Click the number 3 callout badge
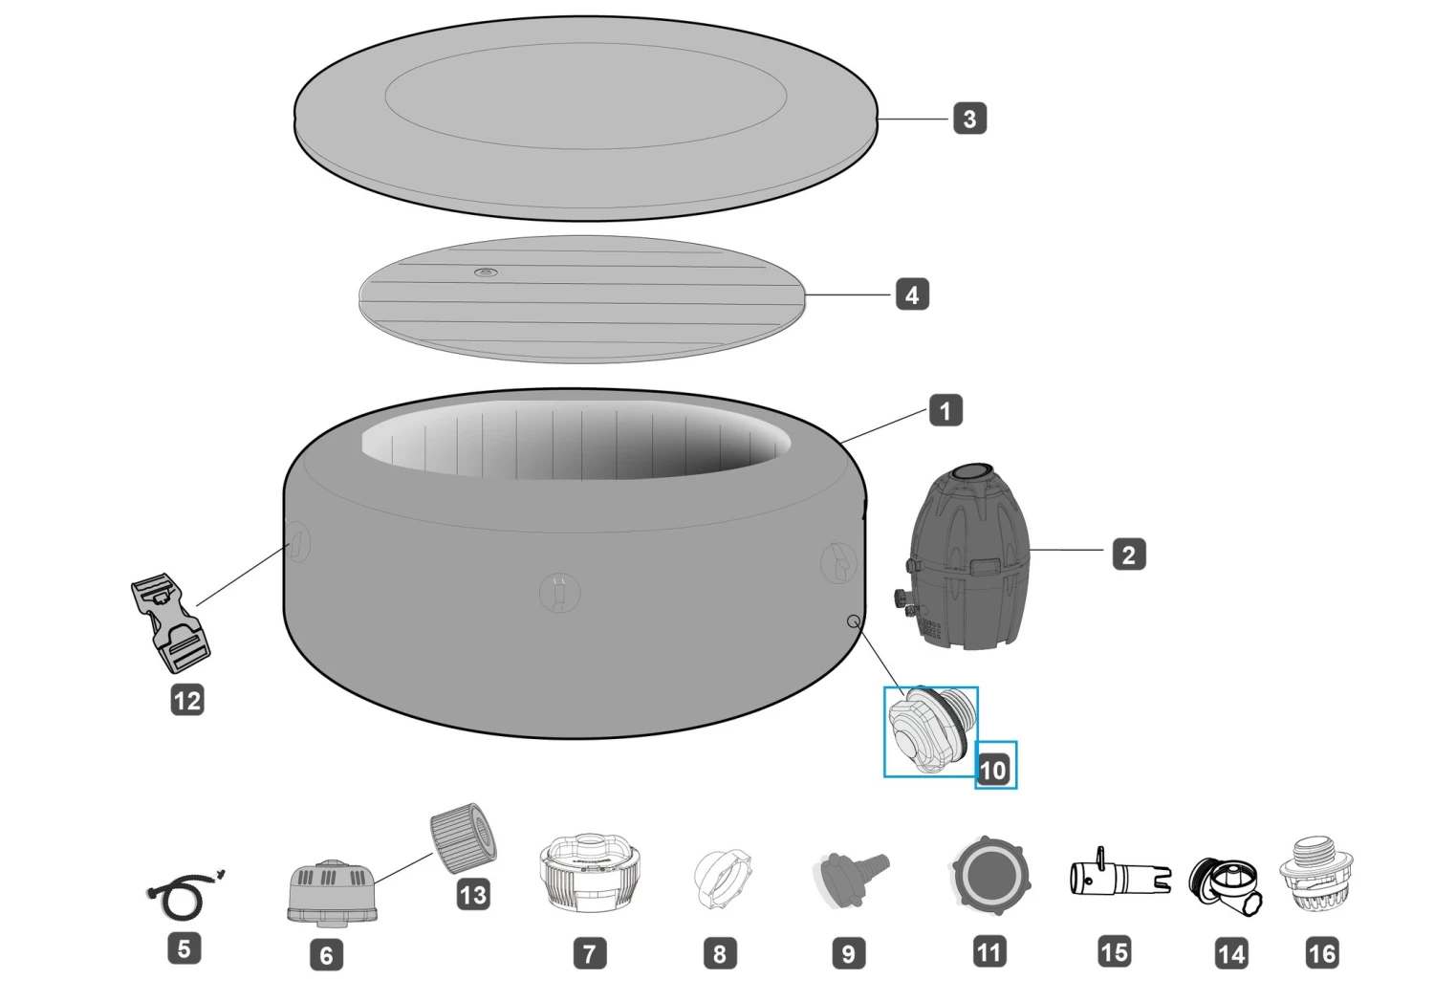click(x=970, y=119)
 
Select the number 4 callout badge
click(x=912, y=295)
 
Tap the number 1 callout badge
click(x=945, y=410)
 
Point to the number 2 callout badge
click(x=1129, y=555)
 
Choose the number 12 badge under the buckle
click(x=187, y=700)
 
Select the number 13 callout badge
click(x=473, y=894)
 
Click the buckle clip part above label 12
click(x=170, y=622)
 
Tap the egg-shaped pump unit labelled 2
click(x=966, y=556)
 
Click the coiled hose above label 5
click(x=185, y=894)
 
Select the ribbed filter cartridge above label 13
click(x=464, y=838)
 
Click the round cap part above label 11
click(x=990, y=875)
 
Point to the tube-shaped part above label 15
click(x=1120, y=872)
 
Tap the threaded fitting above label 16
click(x=1316, y=874)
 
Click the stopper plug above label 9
click(x=851, y=878)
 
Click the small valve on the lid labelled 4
click(x=486, y=272)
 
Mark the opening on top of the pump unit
click(x=971, y=473)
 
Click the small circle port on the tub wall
click(x=853, y=620)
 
